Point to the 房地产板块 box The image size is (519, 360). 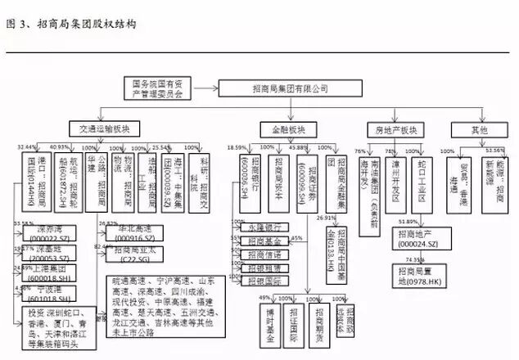pos(396,129)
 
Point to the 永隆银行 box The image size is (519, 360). pos(264,227)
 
